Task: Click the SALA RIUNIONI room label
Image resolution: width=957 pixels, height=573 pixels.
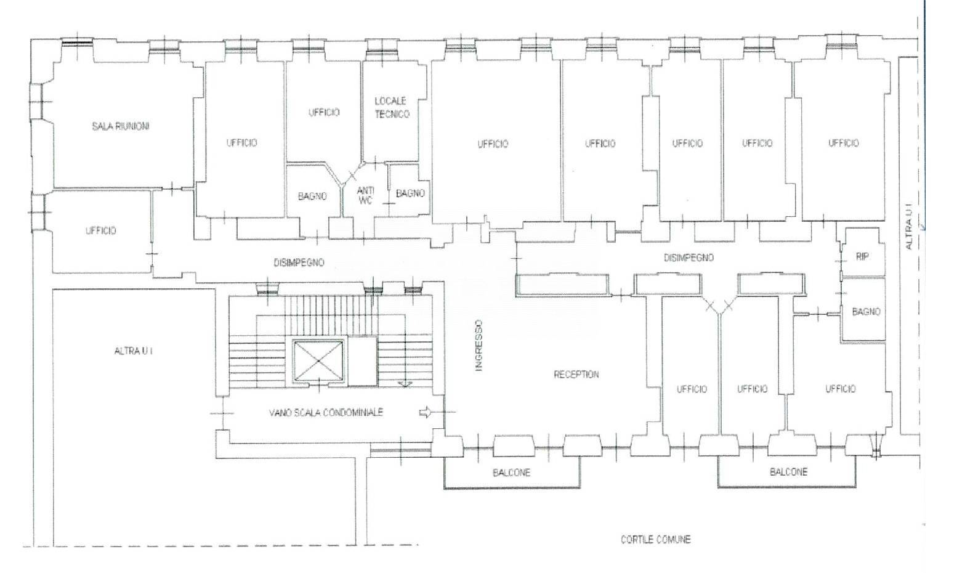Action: [x=121, y=126]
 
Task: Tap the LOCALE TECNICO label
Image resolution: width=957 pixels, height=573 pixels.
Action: [x=392, y=108]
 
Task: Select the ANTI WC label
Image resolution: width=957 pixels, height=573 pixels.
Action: [x=365, y=195]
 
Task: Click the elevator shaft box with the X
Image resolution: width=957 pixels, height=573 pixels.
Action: [x=319, y=360]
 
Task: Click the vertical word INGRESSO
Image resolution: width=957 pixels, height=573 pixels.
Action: [x=479, y=345]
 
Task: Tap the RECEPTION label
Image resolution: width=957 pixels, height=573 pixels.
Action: [x=576, y=375]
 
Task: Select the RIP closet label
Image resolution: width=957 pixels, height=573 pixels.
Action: [x=862, y=257]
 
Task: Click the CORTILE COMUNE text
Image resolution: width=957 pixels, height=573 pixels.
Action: [x=656, y=540]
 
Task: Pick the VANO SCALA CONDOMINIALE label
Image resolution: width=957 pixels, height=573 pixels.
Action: [x=326, y=413]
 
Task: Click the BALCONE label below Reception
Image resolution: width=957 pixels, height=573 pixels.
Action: [x=511, y=473]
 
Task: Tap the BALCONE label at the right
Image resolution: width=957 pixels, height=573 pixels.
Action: [x=789, y=472]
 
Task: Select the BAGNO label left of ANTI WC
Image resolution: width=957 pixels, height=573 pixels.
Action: [x=312, y=196]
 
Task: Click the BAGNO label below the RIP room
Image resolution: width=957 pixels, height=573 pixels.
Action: [x=866, y=312]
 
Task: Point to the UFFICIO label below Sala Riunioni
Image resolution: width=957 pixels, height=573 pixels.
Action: [x=101, y=230]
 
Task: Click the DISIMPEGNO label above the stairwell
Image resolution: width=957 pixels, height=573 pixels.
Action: [x=299, y=262]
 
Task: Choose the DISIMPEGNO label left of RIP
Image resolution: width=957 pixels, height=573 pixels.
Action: [x=688, y=258]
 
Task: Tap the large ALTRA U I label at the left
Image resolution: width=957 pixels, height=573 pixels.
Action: [x=134, y=351]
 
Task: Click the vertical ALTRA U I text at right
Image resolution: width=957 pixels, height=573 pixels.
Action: [x=909, y=227]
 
